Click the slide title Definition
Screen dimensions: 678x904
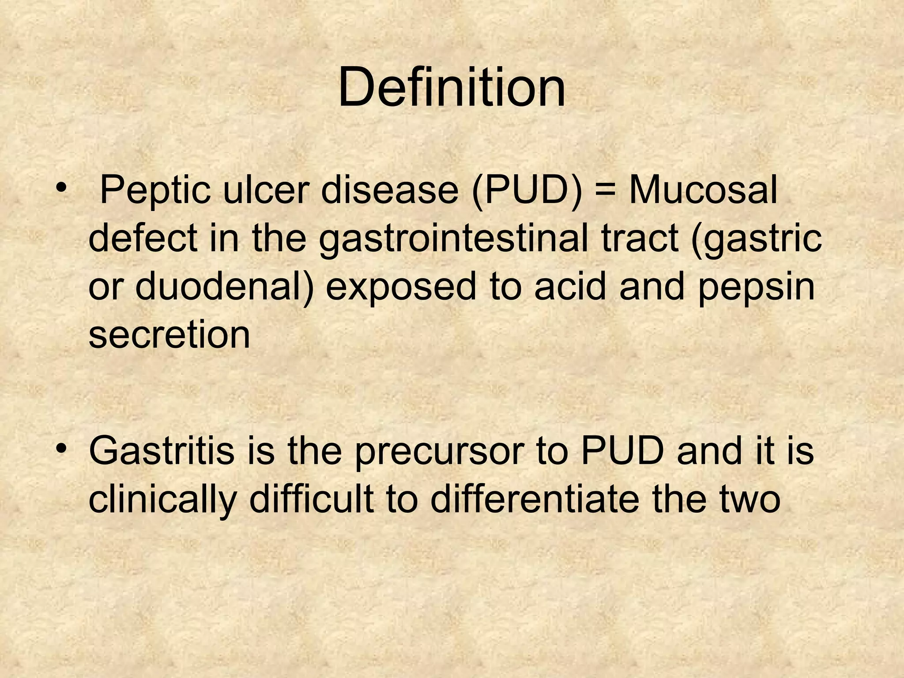451,87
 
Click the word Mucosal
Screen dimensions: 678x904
703,190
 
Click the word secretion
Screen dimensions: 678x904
169,334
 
